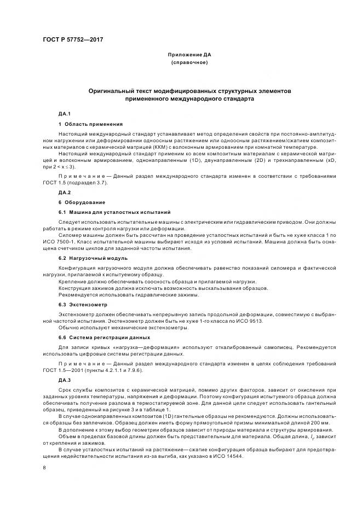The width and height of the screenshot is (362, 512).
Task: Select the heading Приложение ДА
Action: click(189, 55)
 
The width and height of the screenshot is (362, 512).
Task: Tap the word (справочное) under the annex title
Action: click(189, 63)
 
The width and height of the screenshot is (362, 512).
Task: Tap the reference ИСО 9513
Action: click(250, 321)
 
